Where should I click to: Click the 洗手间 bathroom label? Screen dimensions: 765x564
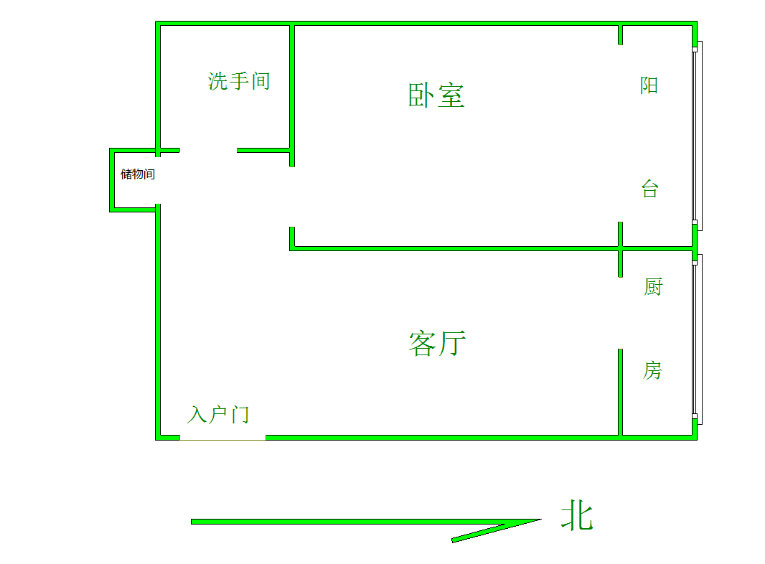[238, 81]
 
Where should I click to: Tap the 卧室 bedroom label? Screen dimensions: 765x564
[436, 95]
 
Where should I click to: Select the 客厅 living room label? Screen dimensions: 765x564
[437, 344]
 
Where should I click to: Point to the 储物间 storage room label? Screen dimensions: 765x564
[138, 174]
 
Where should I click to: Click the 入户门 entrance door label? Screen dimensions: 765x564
[218, 415]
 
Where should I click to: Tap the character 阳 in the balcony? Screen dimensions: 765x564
[649, 85]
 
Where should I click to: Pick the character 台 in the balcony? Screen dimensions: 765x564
[650, 189]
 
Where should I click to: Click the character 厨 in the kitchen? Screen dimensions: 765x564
[653, 287]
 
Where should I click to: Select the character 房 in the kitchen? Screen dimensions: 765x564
[652, 371]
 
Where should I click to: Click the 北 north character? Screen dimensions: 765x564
[577, 515]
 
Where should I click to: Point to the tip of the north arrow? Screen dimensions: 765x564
[542, 520]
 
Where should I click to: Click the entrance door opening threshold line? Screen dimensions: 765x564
[222, 440]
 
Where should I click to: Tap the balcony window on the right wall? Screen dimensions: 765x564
[698, 136]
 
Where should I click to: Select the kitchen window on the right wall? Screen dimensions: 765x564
[698, 339]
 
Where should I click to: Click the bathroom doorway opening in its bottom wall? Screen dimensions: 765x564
[208, 150]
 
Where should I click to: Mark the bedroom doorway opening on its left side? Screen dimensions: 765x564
[292, 197]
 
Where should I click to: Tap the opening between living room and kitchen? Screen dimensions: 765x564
[620, 314]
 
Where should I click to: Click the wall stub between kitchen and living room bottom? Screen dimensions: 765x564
[620, 393]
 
